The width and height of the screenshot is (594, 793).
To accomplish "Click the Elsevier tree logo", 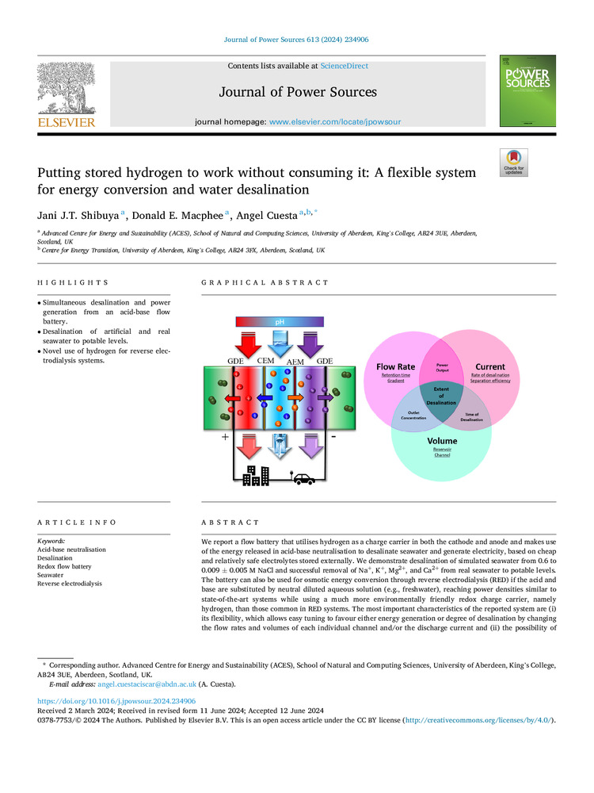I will click(x=66, y=89).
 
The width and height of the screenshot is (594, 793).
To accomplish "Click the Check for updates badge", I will click(x=514, y=163).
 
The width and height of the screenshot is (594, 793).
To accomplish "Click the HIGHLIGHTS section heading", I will click(x=73, y=282).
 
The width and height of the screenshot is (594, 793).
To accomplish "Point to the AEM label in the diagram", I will click(x=295, y=362).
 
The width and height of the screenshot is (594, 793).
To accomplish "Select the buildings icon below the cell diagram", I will click(x=257, y=474).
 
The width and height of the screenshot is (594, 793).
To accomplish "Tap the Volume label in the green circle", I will click(x=442, y=440).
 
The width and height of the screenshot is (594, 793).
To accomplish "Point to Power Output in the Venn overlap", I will click(x=442, y=368).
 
